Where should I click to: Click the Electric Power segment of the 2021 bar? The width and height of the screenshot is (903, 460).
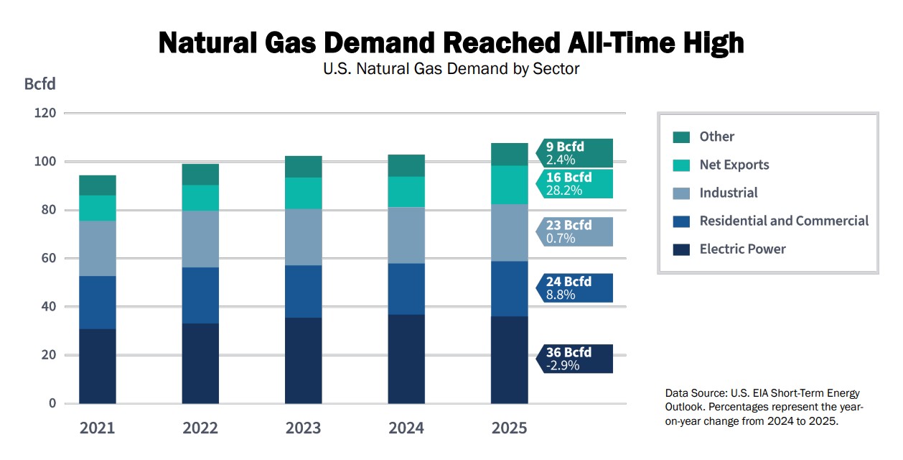[x=98, y=366]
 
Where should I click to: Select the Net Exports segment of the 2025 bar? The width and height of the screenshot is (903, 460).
[x=510, y=185]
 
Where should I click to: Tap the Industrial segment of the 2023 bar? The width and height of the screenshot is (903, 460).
[x=304, y=237]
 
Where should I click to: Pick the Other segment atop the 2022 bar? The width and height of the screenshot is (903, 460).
[x=200, y=175]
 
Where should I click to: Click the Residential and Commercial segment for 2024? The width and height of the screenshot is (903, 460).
[x=406, y=289]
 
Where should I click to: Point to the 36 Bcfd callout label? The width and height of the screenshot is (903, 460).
[x=574, y=359]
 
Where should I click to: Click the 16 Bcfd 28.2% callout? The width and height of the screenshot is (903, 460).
[x=574, y=184]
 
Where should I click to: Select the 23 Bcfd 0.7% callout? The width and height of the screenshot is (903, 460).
[x=574, y=231]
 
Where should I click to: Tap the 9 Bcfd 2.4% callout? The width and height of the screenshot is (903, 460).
[x=574, y=153]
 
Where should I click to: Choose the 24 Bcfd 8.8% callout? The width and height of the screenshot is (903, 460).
[x=574, y=287]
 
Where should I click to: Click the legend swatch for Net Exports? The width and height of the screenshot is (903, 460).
[x=681, y=165]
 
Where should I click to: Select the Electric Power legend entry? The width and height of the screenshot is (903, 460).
[x=742, y=249]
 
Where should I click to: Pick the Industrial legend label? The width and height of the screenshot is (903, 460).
[x=729, y=193]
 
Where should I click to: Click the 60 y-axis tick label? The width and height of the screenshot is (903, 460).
[x=48, y=258]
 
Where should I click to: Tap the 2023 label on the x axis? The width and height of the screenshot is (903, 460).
[x=303, y=428]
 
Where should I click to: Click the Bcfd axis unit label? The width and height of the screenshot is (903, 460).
[x=39, y=84]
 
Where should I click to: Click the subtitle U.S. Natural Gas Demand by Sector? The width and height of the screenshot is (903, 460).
[x=451, y=70]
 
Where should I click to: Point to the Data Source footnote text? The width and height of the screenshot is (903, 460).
[x=763, y=407]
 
